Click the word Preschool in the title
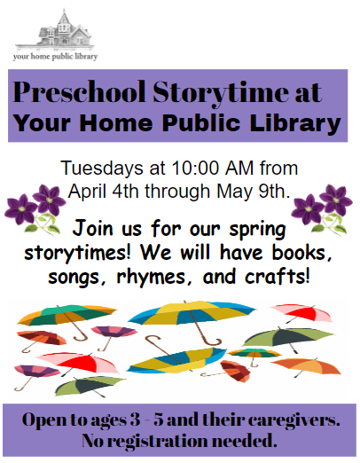72,91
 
